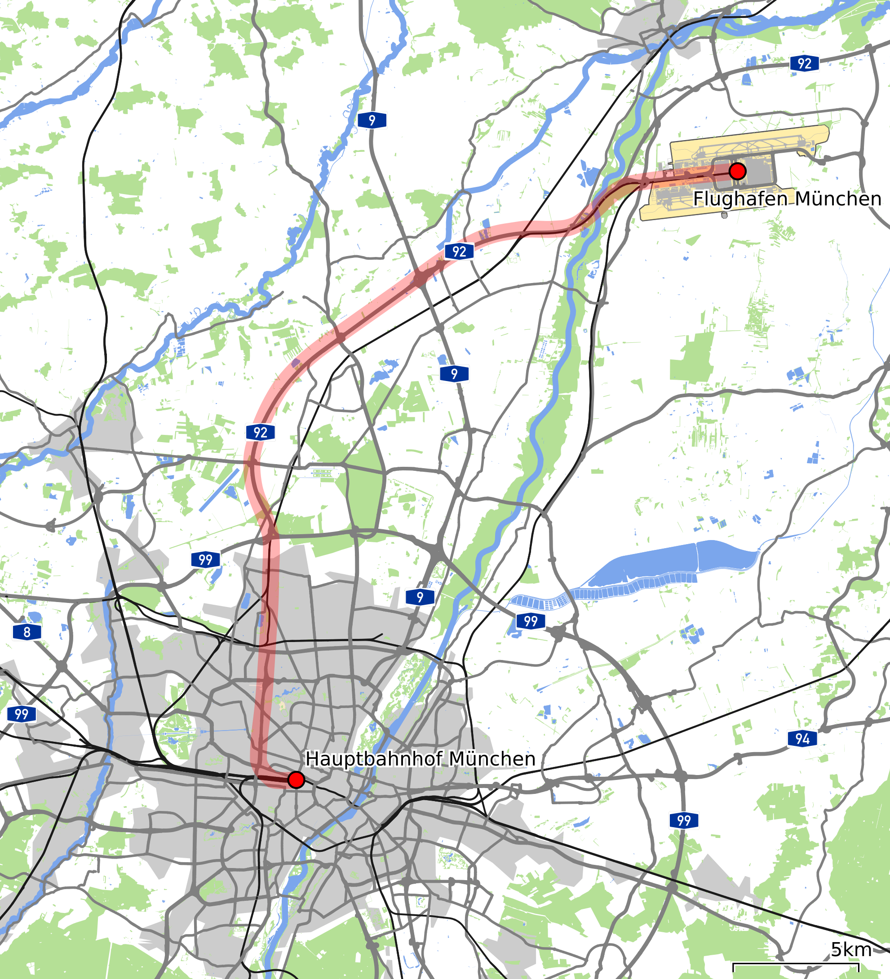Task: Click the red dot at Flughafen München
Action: click(738, 171)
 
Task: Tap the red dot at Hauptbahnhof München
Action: click(296, 780)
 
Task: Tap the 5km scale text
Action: click(850, 949)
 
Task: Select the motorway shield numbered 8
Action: click(27, 632)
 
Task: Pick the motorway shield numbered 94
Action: click(802, 739)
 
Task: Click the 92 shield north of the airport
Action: click(804, 63)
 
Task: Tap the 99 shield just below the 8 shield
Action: click(22, 714)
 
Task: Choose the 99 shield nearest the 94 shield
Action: click(684, 820)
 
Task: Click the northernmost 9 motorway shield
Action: click(372, 120)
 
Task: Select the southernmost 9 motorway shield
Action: click(420, 597)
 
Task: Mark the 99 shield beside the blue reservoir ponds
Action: click(531, 620)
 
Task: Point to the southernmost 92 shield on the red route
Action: click(260, 432)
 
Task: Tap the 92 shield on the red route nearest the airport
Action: click(459, 252)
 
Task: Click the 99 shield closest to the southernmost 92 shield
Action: click(205, 559)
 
